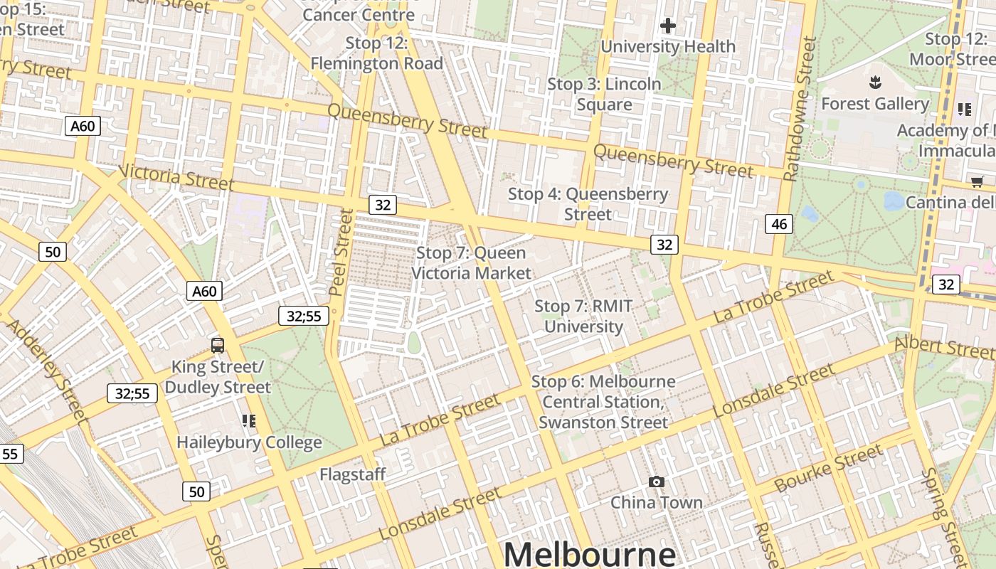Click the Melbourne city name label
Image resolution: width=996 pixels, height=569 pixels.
coord(590,553)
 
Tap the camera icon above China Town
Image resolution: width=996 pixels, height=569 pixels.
coord(657,482)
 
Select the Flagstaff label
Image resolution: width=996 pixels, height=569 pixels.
coord(352,474)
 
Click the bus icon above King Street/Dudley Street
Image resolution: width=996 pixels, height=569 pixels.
coord(218,346)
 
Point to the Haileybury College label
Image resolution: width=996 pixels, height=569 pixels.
coord(249,442)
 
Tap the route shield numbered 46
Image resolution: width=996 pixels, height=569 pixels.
coord(779,224)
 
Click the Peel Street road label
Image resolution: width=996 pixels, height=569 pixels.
coord(341,252)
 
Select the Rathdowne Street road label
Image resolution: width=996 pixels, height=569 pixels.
coord(800,109)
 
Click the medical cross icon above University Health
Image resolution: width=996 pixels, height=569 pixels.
coord(667,26)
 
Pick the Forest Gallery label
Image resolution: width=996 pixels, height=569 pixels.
coord(874,104)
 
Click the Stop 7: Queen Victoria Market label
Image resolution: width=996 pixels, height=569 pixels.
coord(471,262)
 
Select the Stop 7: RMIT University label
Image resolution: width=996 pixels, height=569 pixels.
coord(583,317)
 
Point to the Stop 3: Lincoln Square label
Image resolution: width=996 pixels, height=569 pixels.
coord(604,94)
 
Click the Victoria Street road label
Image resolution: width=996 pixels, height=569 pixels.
coord(176,177)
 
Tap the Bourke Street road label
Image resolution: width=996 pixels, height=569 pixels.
coord(829,468)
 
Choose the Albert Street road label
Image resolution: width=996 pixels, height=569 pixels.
coord(944,346)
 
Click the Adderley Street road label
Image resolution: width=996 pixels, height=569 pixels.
coord(47,370)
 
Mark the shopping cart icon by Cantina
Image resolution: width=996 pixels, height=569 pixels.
coord(977,182)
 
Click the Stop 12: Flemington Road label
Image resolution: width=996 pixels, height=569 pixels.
coord(376,53)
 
